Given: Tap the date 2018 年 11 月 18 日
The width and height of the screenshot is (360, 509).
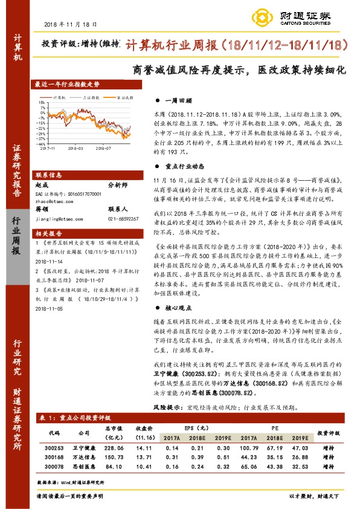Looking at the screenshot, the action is [71, 24].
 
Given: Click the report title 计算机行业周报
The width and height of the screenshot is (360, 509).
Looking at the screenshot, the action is [175, 45].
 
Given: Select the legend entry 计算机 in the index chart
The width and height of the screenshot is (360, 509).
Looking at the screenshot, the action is [60, 97].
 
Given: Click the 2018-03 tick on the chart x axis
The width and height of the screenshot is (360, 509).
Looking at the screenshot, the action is [76, 146].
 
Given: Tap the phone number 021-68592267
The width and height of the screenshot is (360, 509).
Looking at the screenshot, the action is [123, 218].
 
